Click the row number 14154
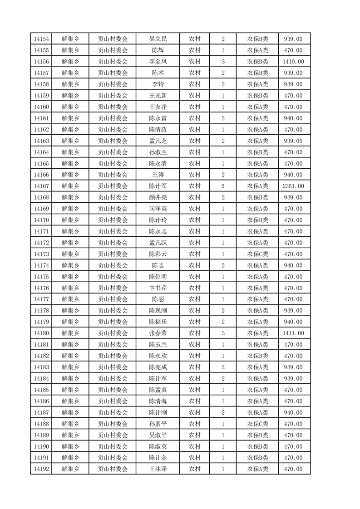click(41, 39)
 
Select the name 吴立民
click(158, 39)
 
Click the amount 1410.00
click(293, 62)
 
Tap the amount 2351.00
click(293, 186)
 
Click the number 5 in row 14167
click(223, 186)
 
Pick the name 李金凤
click(158, 62)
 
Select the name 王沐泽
click(158, 469)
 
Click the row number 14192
click(41, 469)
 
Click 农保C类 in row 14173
click(257, 254)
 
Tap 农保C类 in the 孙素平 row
click(257, 424)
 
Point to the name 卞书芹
click(158, 288)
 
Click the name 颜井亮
click(158, 197)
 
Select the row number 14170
click(41, 220)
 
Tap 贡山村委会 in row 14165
click(113, 163)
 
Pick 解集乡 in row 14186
click(70, 401)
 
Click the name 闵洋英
click(158, 209)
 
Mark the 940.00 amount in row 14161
click(293, 118)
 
